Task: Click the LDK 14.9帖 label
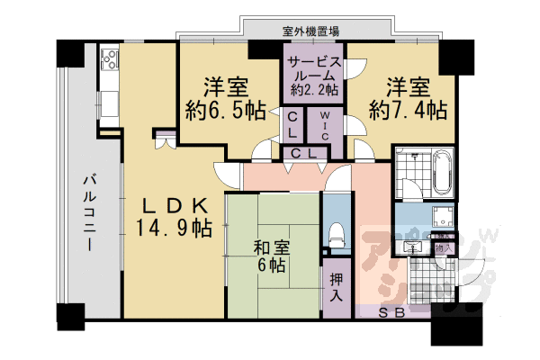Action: [175, 216]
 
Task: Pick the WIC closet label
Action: [325, 123]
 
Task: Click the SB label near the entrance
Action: [390, 313]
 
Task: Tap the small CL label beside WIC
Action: [294, 123]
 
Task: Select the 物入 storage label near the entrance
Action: [442, 245]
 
